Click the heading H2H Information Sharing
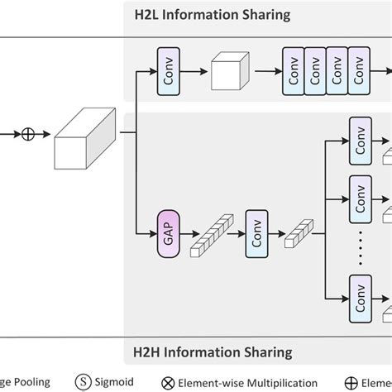(x=213, y=352)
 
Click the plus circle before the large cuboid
(x=27, y=133)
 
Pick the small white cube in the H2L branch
(x=230, y=72)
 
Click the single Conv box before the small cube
(x=168, y=71)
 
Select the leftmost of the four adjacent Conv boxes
(x=295, y=71)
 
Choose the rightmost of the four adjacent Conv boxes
(x=359, y=71)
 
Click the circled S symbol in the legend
(x=86, y=382)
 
